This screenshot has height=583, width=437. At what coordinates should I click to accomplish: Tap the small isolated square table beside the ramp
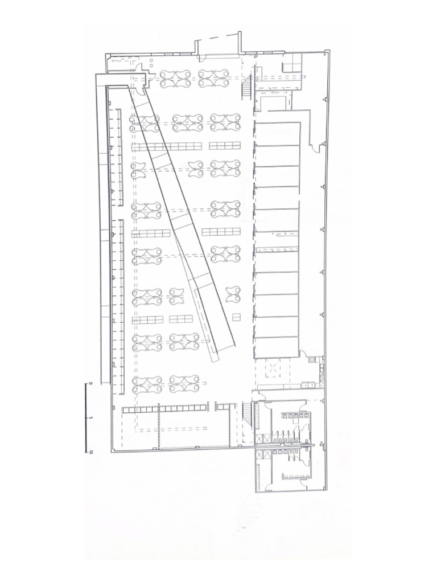236,317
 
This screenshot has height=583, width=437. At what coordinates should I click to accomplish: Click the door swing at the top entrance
204,57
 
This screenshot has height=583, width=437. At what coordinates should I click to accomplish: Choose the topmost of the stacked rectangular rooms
277,133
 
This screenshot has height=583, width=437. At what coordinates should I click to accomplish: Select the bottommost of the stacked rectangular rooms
277,347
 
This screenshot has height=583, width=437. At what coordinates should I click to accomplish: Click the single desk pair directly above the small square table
233,294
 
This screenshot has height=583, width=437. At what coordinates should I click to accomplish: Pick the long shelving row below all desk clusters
164,409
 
